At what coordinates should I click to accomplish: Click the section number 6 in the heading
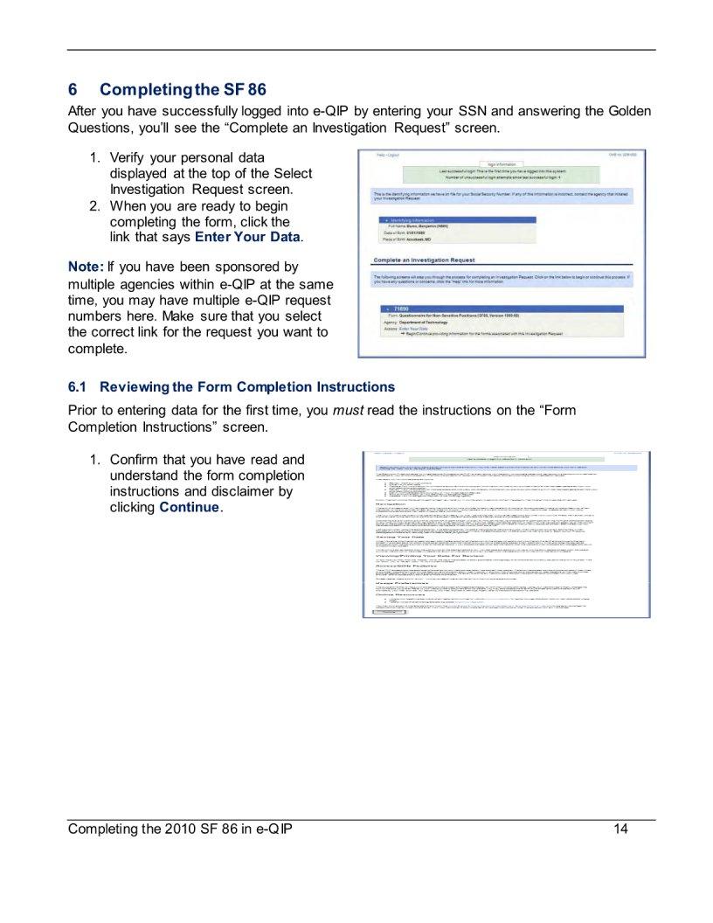pos(73,90)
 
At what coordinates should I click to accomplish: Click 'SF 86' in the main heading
pos(245,90)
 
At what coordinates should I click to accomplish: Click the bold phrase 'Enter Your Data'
pos(247,237)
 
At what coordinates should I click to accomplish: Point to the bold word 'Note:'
pos(86,266)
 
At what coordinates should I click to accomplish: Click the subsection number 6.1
pos(78,386)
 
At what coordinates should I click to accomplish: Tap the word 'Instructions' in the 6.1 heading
pos(354,386)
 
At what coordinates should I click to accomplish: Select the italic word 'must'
pos(350,410)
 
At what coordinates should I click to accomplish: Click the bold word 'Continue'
pos(189,508)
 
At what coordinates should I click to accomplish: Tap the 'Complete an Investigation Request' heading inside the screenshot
pos(425,260)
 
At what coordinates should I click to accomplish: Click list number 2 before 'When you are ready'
pos(94,206)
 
